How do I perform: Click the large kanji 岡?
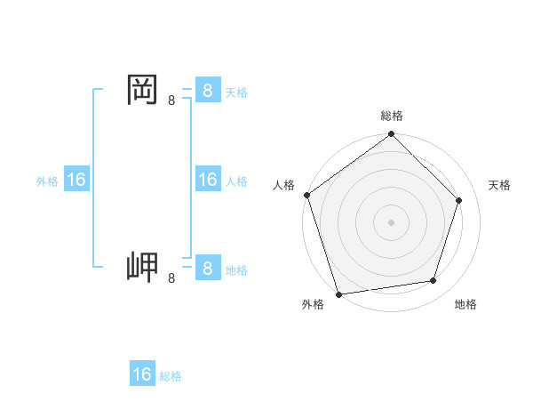tap(143, 89)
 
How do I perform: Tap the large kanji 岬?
tap(143, 266)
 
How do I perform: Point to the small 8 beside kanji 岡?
tap(171, 101)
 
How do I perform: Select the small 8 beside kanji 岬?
tap(171, 279)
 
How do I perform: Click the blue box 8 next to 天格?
tap(206, 90)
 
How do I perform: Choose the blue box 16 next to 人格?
tap(206, 180)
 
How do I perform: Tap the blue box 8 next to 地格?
tap(206, 269)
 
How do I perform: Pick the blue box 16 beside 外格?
tap(76, 180)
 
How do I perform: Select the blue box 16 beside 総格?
tap(142, 374)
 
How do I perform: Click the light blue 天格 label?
tap(235, 92)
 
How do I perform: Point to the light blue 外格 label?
tap(47, 181)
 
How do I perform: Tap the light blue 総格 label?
tap(171, 376)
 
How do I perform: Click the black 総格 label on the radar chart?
tap(392, 116)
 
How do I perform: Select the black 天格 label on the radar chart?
tap(500, 185)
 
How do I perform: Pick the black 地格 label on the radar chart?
tap(465, 304)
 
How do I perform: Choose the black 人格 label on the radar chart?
tap(283, 185)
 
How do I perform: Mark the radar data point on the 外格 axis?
tap(338, 293)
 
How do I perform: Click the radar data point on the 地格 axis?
tap(434, 281)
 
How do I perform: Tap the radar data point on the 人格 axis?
tap(307, 195)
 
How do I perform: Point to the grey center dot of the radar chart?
tap(392, 221)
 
